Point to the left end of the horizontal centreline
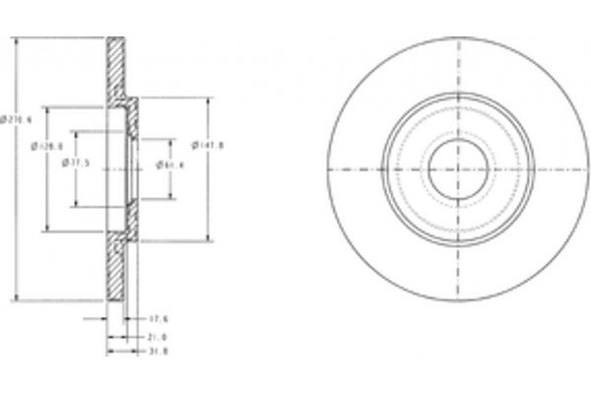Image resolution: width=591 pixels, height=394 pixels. (308, 168)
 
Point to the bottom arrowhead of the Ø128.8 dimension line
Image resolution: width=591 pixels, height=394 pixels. (45, 230)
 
